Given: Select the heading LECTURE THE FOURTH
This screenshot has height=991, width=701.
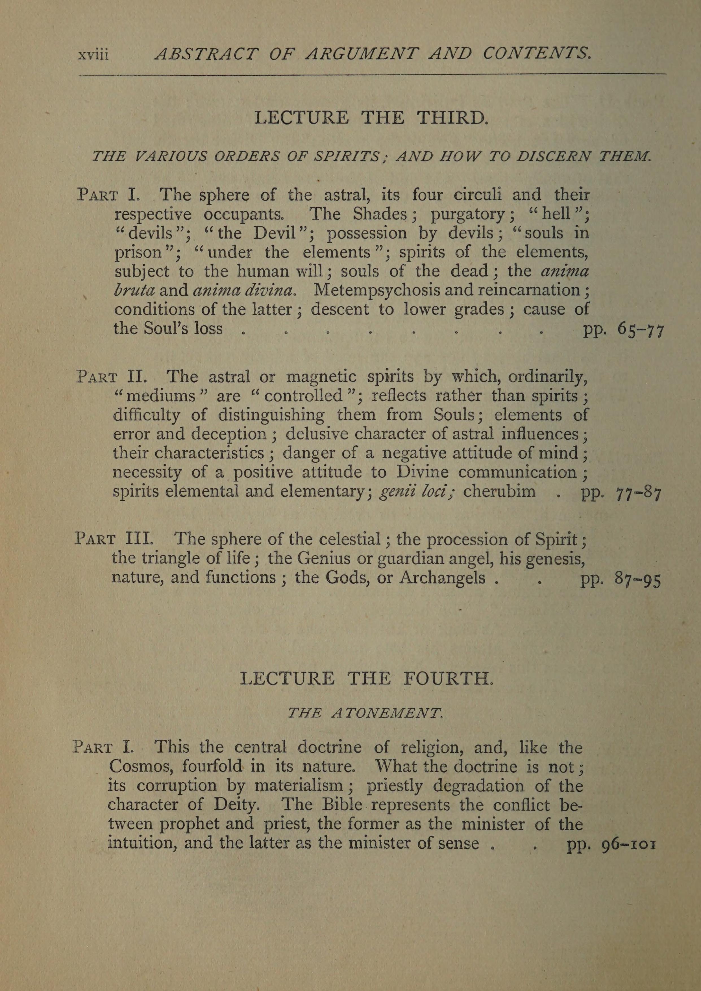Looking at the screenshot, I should tap(366, 679).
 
